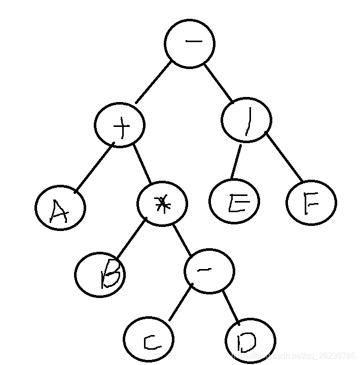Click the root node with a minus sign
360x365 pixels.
pyautogui.click(x=190, y=44)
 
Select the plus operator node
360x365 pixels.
pyautogui.click(x=120, y=125)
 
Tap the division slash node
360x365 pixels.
pyautogui.click(x=246, y=121)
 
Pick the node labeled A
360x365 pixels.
pyautogui.click(x=60, y=208)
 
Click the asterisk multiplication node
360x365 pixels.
pyautogui.click(x=162, y=204)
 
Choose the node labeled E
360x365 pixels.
pyautogui.click(x=234, y=202)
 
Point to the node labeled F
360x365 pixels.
pyautogui.click(x=311, y=203)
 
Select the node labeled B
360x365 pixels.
pyautogui.click(x=100, y=274)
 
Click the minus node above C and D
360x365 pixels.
pyautogui.click(x=209, y=271)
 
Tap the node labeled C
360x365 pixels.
pyautogui.click(x=149, y=340)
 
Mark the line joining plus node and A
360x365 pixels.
pyautogui.click(x=95, y=169)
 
